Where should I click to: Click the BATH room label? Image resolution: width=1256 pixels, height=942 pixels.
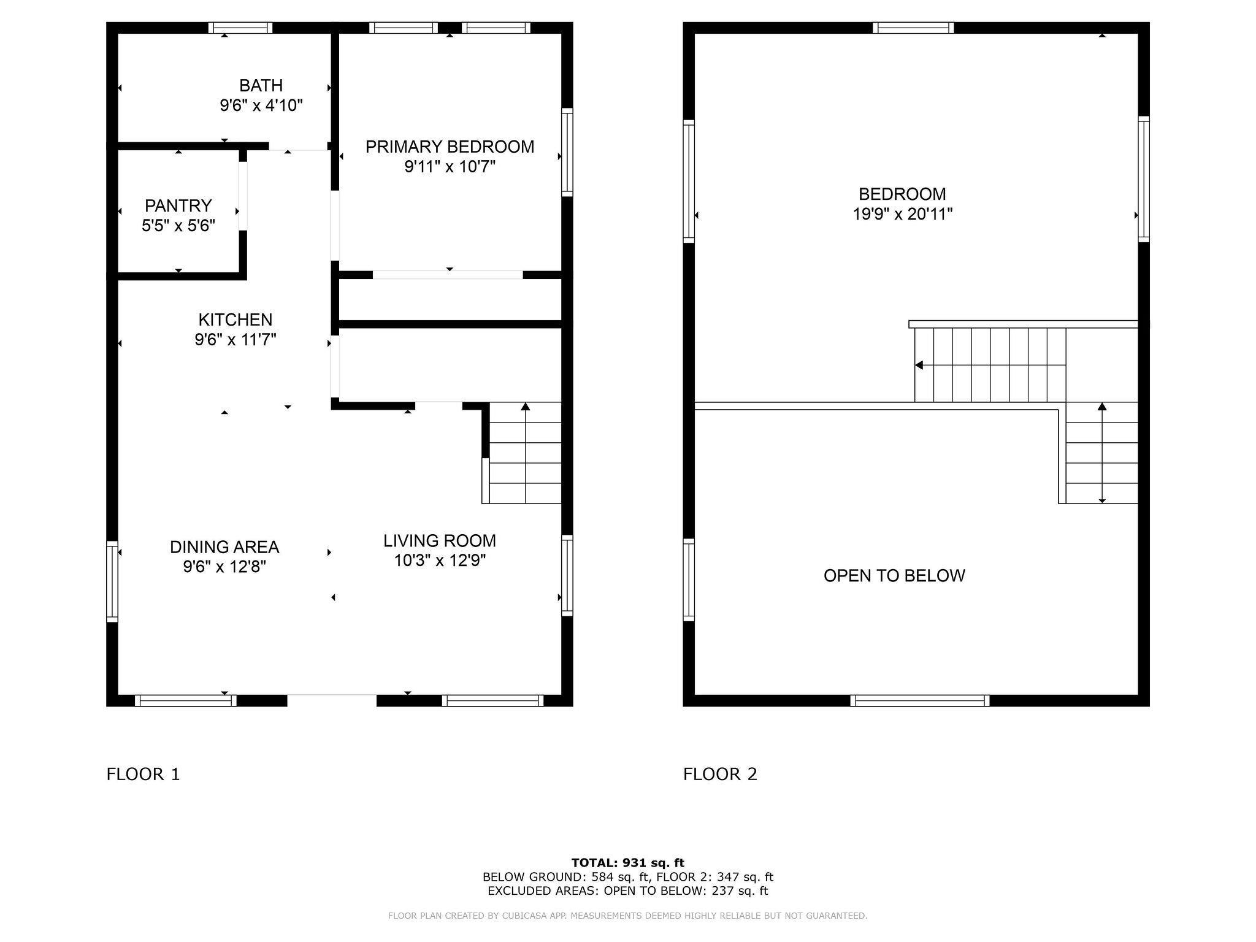(261, 85)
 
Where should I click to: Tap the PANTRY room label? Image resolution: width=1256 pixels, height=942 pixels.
(178, 205)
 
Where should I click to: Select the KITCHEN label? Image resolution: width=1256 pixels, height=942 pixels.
(235, 320)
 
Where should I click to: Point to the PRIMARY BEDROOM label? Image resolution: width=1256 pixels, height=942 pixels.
(450, 147)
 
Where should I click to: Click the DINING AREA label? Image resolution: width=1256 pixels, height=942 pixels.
(224, 546)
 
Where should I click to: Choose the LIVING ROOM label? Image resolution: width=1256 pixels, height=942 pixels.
(440, 541)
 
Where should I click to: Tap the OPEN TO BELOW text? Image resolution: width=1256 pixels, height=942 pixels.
(894, 575)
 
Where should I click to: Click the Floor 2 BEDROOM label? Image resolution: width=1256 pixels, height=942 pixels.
(902, 194)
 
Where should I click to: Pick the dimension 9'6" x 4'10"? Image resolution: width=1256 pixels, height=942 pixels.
(261, 105)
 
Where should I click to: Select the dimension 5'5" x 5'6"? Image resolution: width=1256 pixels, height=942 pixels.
(178, 226)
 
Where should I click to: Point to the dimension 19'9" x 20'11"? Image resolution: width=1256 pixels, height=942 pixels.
(903, 214)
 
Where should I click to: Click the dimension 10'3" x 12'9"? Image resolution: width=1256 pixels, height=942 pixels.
(440, 561)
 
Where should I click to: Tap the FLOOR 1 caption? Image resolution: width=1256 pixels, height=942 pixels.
(144, 774)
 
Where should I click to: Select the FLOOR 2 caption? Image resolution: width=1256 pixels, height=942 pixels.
(721, 774)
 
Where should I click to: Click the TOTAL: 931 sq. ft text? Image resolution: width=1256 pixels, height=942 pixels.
(628, 863)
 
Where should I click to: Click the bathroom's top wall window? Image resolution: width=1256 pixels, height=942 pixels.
(240, 28)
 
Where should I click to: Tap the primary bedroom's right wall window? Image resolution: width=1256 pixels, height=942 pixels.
(567, 153)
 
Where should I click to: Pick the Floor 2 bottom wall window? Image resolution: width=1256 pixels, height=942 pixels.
(920, 700)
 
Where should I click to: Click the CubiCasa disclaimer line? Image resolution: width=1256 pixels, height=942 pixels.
(628, 916)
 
